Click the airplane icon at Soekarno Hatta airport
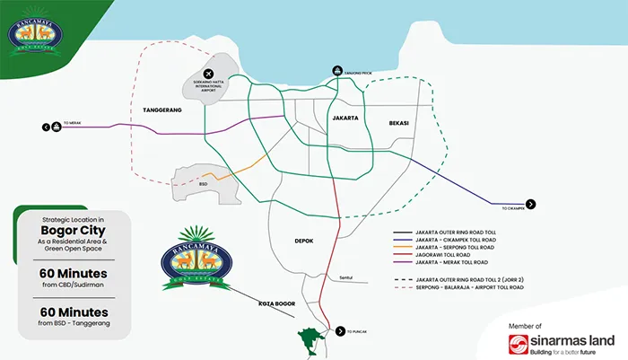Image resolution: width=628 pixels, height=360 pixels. tap(208, 73)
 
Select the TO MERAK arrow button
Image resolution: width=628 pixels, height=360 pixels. tap(57, 127)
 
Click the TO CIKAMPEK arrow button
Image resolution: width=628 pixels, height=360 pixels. tap(530, 205)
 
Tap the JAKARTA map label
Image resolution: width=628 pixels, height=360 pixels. tap(345, 119)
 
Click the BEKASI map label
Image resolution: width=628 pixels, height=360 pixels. tap(397, 122)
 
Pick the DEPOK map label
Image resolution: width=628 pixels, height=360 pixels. tap(303, 241)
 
